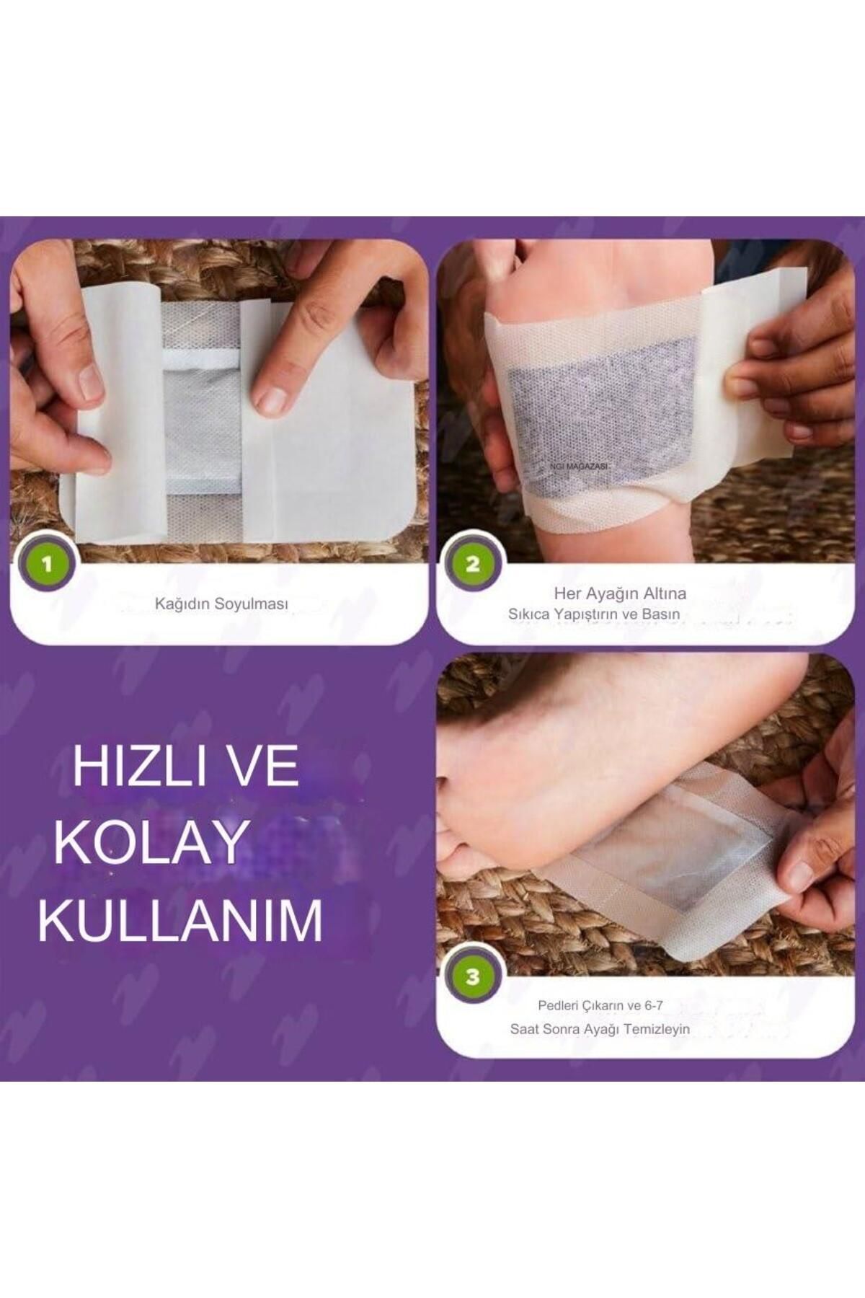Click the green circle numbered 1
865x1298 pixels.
(48, 564)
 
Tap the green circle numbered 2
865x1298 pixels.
(472, 564)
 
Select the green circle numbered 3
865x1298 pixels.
(472, 977)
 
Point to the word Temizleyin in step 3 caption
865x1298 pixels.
(657, 1029)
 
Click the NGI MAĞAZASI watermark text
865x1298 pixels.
(578, 467)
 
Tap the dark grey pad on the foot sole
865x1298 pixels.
(602, 418)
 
